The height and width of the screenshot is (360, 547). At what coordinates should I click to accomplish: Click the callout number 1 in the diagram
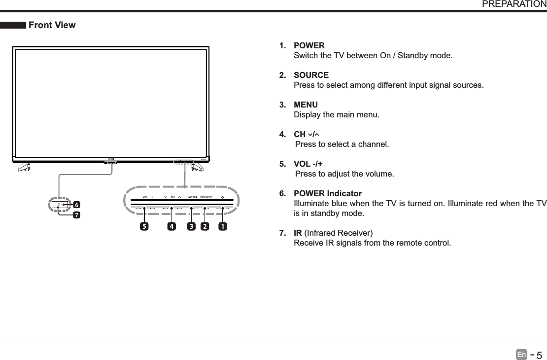click(x=223, y=226)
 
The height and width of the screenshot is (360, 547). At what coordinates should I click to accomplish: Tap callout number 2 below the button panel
click(x=205, y=226)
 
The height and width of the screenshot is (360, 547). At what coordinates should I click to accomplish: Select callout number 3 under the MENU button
click(x=191, y=226)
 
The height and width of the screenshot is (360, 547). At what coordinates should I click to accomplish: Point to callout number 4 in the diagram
click(x=171, y=226)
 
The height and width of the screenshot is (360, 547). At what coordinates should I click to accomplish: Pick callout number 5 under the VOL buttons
click(x=144, y=226)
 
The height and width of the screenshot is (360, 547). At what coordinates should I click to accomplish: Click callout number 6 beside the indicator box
click(x=76, y=204)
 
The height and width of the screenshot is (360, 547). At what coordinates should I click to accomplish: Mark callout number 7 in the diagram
click(x=76, y=215)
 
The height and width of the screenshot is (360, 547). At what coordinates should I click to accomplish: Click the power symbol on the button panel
click(x=223, y=197)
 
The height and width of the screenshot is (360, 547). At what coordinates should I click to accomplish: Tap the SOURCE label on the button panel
click(x=206, y=197)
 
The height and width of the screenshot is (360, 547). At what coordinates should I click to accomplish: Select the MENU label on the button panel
click(x=193, y=197)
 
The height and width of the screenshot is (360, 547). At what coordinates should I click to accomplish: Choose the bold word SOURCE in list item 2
click(x=311, y=75)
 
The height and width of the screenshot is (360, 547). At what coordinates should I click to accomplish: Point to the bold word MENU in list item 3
click(x=306, y=105)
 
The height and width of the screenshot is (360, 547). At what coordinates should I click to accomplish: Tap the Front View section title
click(x=52, y=25)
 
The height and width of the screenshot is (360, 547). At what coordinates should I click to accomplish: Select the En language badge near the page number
click(x=521, y=354)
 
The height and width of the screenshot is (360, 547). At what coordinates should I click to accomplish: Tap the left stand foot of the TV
click(x=23, y=166)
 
